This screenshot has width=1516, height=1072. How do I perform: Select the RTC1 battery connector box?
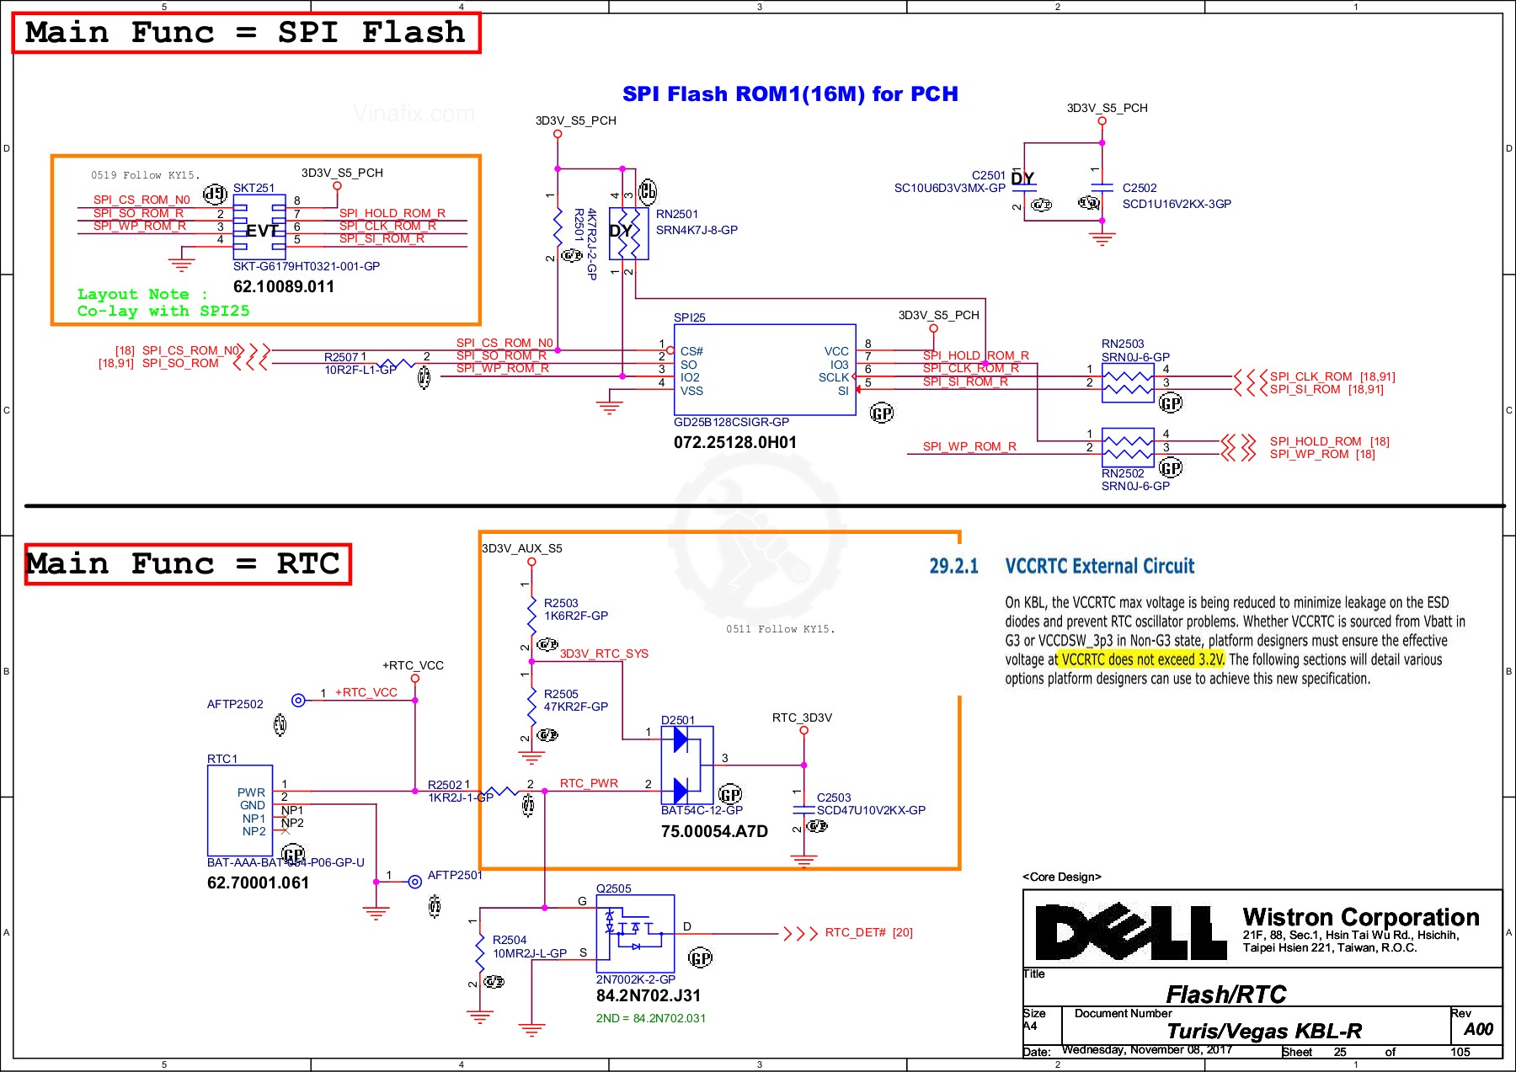(240, 809)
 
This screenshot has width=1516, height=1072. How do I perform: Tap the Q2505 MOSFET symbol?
(635, 933)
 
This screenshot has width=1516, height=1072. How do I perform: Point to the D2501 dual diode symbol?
(686, 765)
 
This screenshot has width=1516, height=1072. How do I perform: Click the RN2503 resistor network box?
(1128, 382)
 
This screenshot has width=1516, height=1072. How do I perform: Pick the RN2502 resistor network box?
(1128, 447)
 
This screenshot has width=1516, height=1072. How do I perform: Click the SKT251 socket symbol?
(259, 227)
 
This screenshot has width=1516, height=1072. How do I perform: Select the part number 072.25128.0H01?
(734, 443)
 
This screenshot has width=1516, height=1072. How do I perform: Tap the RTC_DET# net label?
(855, 932)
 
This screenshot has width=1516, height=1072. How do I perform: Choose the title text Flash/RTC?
(1225, 995)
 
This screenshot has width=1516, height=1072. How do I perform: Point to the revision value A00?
(1478, 1029)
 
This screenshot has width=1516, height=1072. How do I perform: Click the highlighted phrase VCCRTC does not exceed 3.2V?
(1142, 659)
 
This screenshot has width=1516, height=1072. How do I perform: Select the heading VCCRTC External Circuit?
(1099, 566)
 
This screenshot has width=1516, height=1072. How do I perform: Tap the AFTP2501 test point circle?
(414, 882)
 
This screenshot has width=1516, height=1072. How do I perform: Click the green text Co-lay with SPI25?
(163, 311)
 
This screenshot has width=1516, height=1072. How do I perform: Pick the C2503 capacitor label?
(834, 797)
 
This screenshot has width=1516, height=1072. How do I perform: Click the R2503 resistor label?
(561, 603)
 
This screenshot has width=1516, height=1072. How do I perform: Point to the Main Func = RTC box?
(187, 563)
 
